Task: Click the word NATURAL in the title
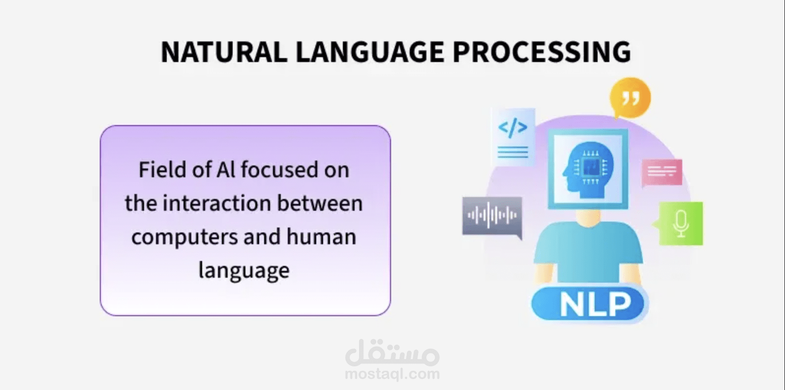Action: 224,52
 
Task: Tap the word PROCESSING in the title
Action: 541,52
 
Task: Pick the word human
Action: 321,237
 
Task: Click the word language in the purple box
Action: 244,271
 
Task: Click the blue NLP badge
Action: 588,304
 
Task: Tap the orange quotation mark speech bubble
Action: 630,98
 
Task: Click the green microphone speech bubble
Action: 680,224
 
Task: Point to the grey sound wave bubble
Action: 492,216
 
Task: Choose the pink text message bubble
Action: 662,172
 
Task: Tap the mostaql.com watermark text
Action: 392,374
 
